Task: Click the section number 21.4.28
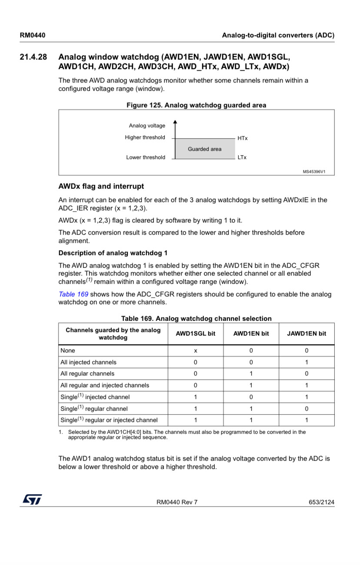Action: pos(33,57)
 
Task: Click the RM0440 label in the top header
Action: pos(33,35)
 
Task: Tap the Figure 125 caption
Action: pos(196,105)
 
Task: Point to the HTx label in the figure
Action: pos(243,138)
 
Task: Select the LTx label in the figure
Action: pos(242,157)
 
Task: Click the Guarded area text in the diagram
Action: pos(204,149)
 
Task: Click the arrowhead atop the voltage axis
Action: pos(175,122)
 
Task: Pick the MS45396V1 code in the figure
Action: pos(313,172)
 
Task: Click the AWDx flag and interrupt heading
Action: pos(101,186)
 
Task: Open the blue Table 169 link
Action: pos(73,294)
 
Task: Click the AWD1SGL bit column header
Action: pos(196,334)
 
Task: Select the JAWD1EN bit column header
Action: pos(307,334)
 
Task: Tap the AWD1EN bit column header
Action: pos(251,334)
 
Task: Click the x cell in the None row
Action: pos(196,351)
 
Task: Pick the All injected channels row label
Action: pos(89,362)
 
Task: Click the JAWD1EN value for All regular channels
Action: pos(307,374)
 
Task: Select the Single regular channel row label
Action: pos(94,409)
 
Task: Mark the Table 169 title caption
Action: pos(196,319)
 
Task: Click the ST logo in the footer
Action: pos(32,499)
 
